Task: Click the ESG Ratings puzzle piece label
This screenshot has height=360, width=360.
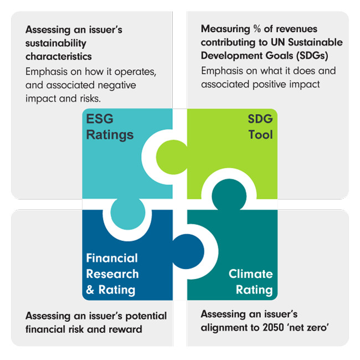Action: [x=109, y=127]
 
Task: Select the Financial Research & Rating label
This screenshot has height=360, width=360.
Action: [x=111, y=274]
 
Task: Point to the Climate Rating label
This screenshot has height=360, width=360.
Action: [x=250, y=281]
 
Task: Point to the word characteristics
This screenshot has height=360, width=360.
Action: [x=59, y=56]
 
